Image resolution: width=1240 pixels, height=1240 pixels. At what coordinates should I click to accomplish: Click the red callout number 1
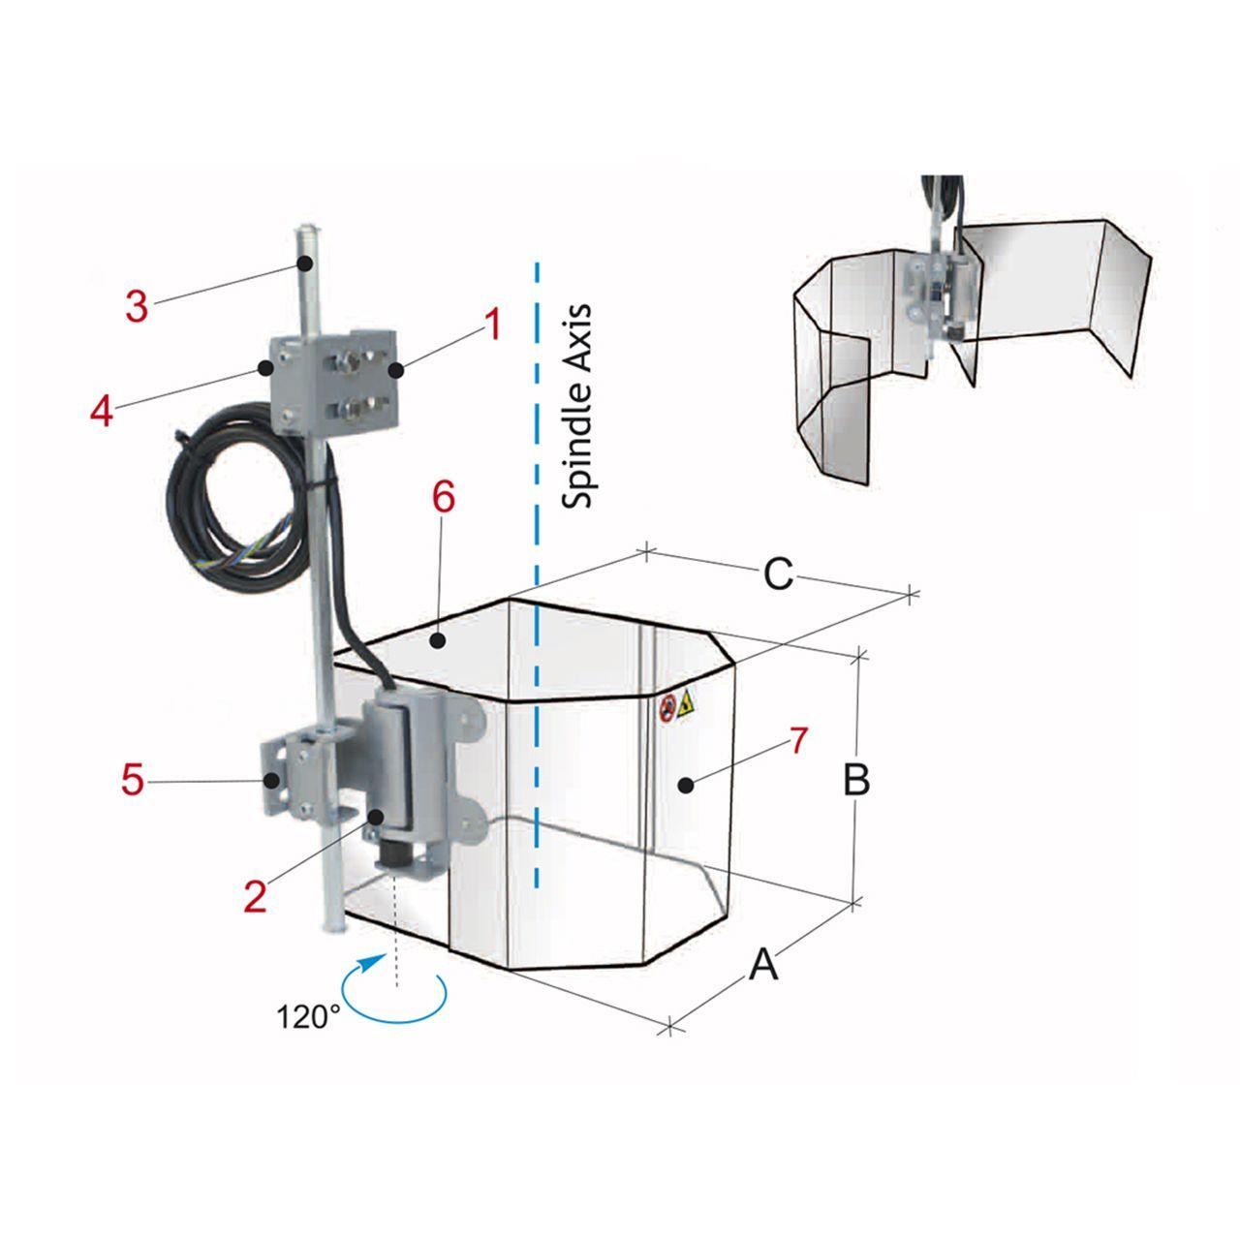pos(492,325)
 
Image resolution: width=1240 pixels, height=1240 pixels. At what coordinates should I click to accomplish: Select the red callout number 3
pos(137,307)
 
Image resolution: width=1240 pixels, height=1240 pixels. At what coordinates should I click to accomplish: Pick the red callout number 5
pos(132,781)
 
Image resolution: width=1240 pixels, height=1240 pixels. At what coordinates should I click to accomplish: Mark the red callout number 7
pos(798,741)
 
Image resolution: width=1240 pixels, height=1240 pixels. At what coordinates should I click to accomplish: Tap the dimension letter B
pos(856,779)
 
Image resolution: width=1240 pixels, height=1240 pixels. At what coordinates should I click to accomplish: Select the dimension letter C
pos(777,574)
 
